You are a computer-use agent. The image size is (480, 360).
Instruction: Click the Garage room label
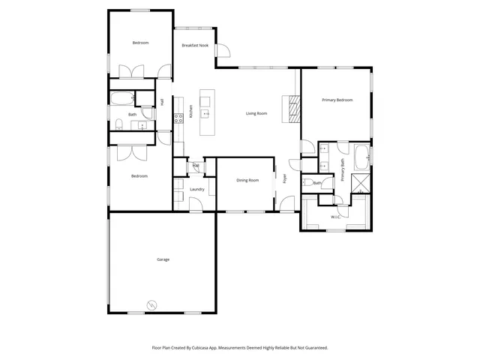pyautogui.click(x=163, y=259)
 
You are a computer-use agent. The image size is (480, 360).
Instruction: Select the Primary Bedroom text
pyautogui.click(x=337, y=100)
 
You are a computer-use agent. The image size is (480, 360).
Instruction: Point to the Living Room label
pyautogui.click(x=256, y=113)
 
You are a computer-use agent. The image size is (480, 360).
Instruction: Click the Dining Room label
pyautogui.click(x=247, y=180)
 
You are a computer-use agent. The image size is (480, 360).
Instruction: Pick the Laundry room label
pyautogui.click(x=197, y=190)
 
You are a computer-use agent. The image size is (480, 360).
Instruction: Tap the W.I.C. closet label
pyautogui.click(x=336, y=217)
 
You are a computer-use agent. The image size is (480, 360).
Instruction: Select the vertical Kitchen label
pyautogui.click(x=190, y=112)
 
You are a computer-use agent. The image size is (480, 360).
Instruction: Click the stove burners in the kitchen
pyautogui.click(x=178, y=117)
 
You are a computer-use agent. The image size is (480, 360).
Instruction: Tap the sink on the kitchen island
pyautogui.click(x=205, y=114)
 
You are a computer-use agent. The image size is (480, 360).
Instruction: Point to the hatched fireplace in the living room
pyautogui.click(x=292, y=109)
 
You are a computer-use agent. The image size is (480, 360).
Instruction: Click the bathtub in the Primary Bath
pyautogui.click(x=361, y=157)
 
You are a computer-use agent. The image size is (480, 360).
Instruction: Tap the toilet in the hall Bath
pyautogui.click(x=119, y=124)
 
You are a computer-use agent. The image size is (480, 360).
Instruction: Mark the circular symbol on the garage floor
pyautogui.click(x=153, y=304)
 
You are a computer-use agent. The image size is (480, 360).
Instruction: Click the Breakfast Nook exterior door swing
pyautogui.click(x=223, y=51)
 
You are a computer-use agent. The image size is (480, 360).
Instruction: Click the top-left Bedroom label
pyautogui.click(x=140, y=43)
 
